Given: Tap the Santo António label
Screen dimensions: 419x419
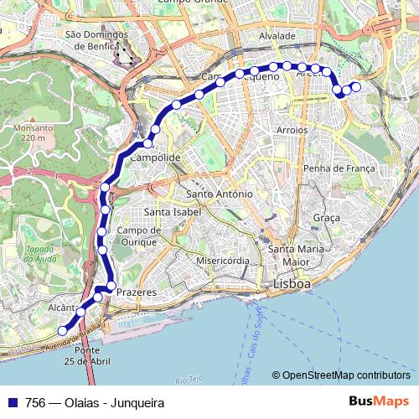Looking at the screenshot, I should (x=220, y=194).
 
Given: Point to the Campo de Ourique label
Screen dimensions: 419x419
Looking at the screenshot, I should (x=138, y=235).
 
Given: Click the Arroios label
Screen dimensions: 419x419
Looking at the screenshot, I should (x=292, y=131).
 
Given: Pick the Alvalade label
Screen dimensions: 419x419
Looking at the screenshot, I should (x=277, y=37).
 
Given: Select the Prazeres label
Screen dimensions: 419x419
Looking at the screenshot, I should (x=137, y=292).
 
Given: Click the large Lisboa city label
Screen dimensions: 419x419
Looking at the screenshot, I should (x=292, y=285).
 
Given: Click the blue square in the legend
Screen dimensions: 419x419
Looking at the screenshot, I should (x=12, y=402).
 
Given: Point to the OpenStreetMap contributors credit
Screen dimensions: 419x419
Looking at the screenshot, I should (x=345, y=375).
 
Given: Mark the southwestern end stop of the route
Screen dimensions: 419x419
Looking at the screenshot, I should (x=62, y=331).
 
